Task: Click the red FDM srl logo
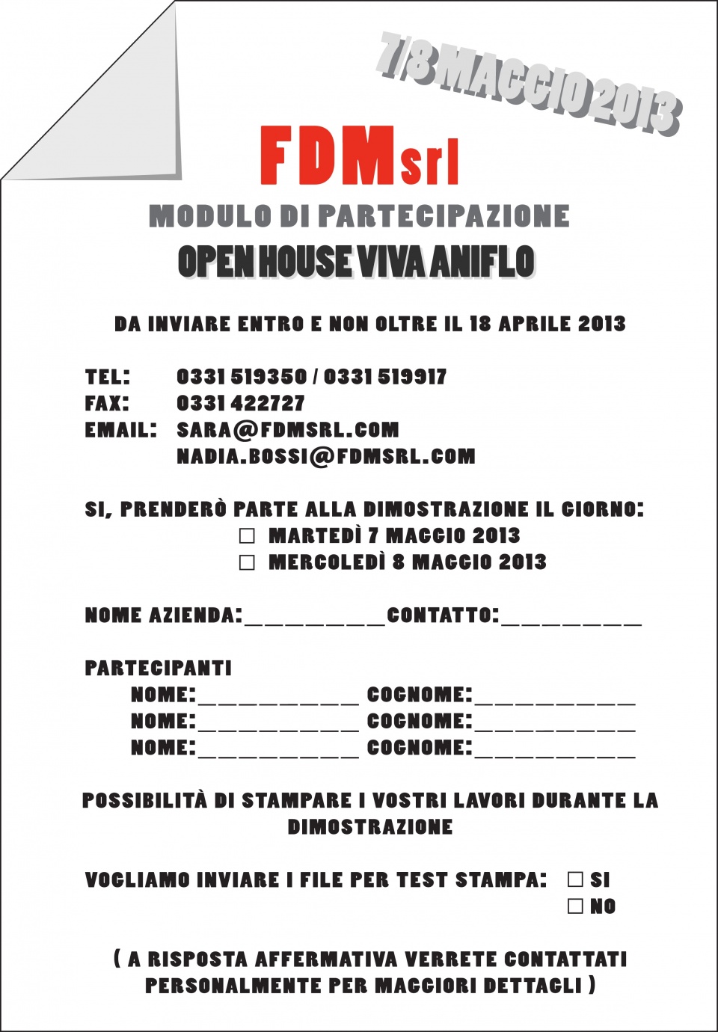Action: click(359, 157)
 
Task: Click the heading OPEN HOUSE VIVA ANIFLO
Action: click(356, 262)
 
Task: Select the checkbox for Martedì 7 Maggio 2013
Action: click(247, 536)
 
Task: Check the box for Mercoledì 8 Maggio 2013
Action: click(247, 562)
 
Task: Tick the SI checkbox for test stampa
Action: click(575, 879)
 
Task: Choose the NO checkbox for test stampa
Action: click(575, 906)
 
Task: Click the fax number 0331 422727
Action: click(240, 404)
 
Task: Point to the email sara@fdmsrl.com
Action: click(287, 430)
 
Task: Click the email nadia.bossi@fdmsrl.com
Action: click(325, 457)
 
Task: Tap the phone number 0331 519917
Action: click(385, 377)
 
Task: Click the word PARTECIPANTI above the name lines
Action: click(158, 669)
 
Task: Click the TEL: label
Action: click(108, 377)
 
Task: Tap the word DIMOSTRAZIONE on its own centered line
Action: click(370, 827)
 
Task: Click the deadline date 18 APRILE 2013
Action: click(547, 325)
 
